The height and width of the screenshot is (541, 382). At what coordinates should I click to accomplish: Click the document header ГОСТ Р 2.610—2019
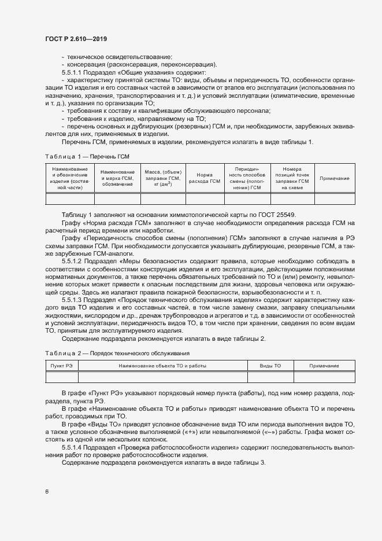tap(76, 38)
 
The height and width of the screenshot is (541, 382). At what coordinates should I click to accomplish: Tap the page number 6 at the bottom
tap(46, 492)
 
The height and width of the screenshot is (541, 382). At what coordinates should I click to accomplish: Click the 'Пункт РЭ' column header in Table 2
tap(61, 366)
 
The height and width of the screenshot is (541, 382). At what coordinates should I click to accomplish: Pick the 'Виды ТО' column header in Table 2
tap(270, 366)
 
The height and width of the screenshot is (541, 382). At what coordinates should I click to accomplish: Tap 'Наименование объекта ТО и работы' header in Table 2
tap(162, 366)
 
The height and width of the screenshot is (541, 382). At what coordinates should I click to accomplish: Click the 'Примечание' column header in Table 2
tap(324, 366)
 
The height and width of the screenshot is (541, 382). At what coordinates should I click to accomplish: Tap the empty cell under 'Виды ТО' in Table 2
tap(270, 377)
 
